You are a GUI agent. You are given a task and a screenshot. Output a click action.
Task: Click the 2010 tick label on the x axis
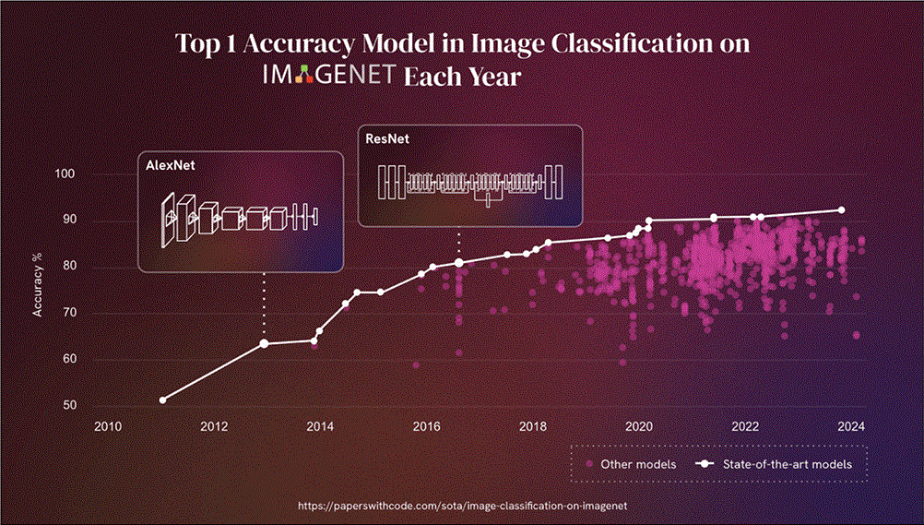click(x=108, y=426)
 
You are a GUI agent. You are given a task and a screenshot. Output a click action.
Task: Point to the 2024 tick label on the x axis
click(x=851, y=426)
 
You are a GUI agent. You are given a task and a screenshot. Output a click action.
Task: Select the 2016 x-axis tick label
click(x=426, y=426)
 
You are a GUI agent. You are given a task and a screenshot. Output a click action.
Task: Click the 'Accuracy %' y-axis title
click(x=38, y=289)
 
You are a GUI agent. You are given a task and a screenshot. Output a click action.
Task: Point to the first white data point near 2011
click(x=163, y=400)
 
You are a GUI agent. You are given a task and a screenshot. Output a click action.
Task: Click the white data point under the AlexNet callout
click(x=265, y=343)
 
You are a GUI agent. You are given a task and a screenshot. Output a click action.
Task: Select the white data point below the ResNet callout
click(x=459, y=263)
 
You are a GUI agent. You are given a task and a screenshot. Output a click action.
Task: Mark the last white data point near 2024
click(x=841, y=210)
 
